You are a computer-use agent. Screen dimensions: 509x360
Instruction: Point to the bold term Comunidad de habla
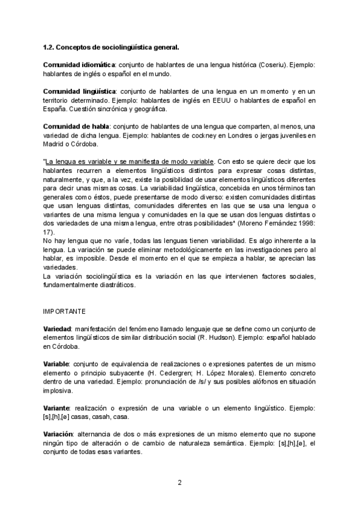tap(76, 126)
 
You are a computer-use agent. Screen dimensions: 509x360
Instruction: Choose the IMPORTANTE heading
tap(64, 312)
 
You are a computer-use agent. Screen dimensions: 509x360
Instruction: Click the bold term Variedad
tap(58, 330)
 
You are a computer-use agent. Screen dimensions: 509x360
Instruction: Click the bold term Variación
tap(59, 435)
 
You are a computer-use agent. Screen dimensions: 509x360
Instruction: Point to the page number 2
tap(179, 482)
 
